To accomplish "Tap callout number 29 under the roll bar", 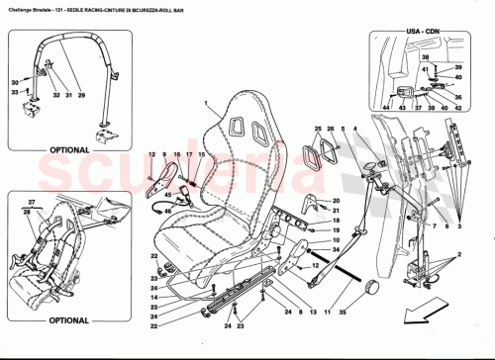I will click(x=82, y=97).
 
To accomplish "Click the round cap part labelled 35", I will click(x=373, y=287).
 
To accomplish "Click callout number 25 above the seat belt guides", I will click(x=319, y=129).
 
